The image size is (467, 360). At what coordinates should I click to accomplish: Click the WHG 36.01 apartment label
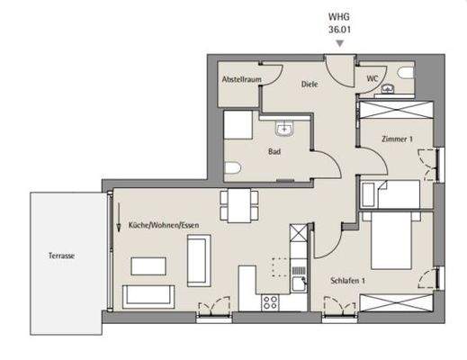339,22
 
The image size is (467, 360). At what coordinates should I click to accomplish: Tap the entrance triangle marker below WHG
339,42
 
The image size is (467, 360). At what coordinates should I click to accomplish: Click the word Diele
310,85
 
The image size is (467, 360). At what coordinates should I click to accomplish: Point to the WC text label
373,78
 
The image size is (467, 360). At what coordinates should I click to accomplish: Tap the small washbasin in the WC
388,88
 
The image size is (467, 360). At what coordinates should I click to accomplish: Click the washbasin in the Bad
283,129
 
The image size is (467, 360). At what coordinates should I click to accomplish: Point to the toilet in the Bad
231,168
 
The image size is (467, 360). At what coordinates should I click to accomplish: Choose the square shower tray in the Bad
240,126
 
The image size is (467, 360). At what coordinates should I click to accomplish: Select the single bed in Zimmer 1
391,194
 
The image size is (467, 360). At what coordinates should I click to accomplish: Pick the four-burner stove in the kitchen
269,303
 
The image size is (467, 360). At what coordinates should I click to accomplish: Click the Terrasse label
61,256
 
